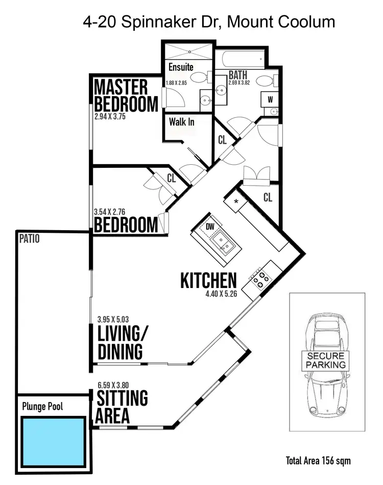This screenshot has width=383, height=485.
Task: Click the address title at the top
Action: click(209, 22)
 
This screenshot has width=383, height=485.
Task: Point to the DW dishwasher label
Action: click(210, 227)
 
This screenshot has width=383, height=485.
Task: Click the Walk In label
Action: click(182, 122)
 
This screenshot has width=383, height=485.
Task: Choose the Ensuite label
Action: click(181, 67)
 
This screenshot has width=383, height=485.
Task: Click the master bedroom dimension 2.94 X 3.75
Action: click(110, 116)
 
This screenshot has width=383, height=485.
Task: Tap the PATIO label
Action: click(29, 238)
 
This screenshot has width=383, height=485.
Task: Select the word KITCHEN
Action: click(208, 280)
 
